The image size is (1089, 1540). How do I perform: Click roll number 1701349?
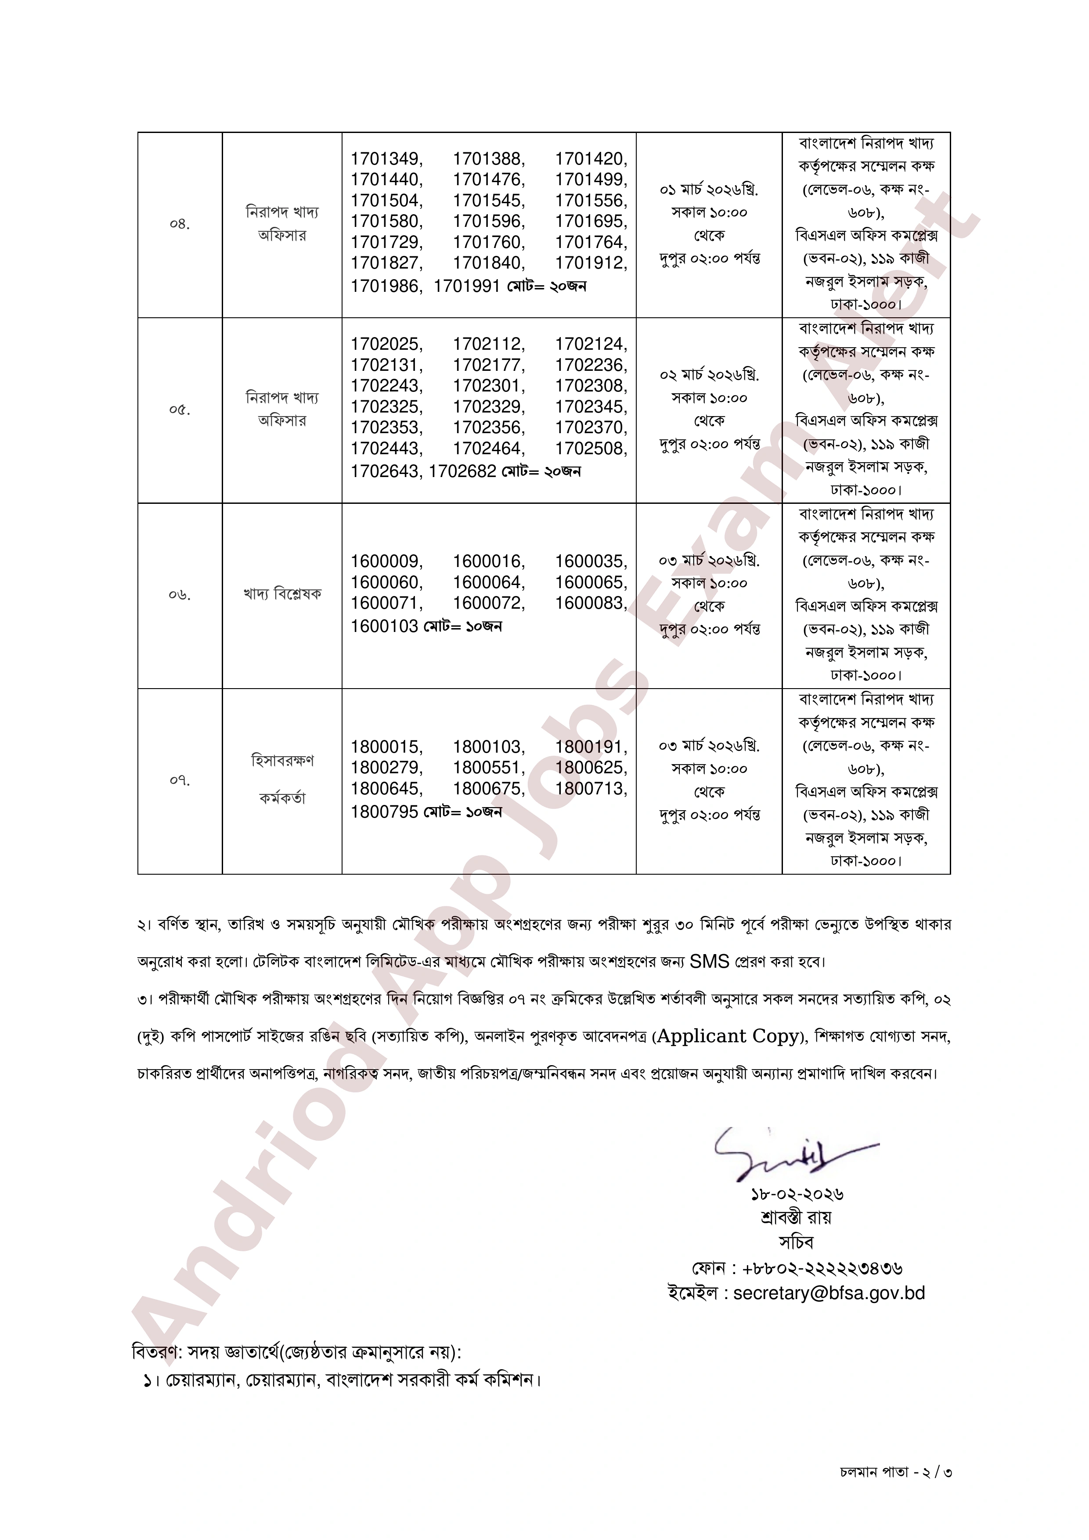(x=386, y=159)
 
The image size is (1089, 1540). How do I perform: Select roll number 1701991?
(x=466, y=287)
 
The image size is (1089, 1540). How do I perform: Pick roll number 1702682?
(x=462, y=471)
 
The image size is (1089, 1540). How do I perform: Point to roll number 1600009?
(x=386, y=561)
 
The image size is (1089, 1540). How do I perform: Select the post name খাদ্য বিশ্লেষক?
(x=282, y=594)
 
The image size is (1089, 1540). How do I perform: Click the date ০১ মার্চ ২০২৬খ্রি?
(x=709, y=190)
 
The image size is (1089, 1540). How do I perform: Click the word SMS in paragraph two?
(x=709, y=962)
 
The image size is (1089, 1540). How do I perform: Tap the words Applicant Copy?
(x=728, y=1036)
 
